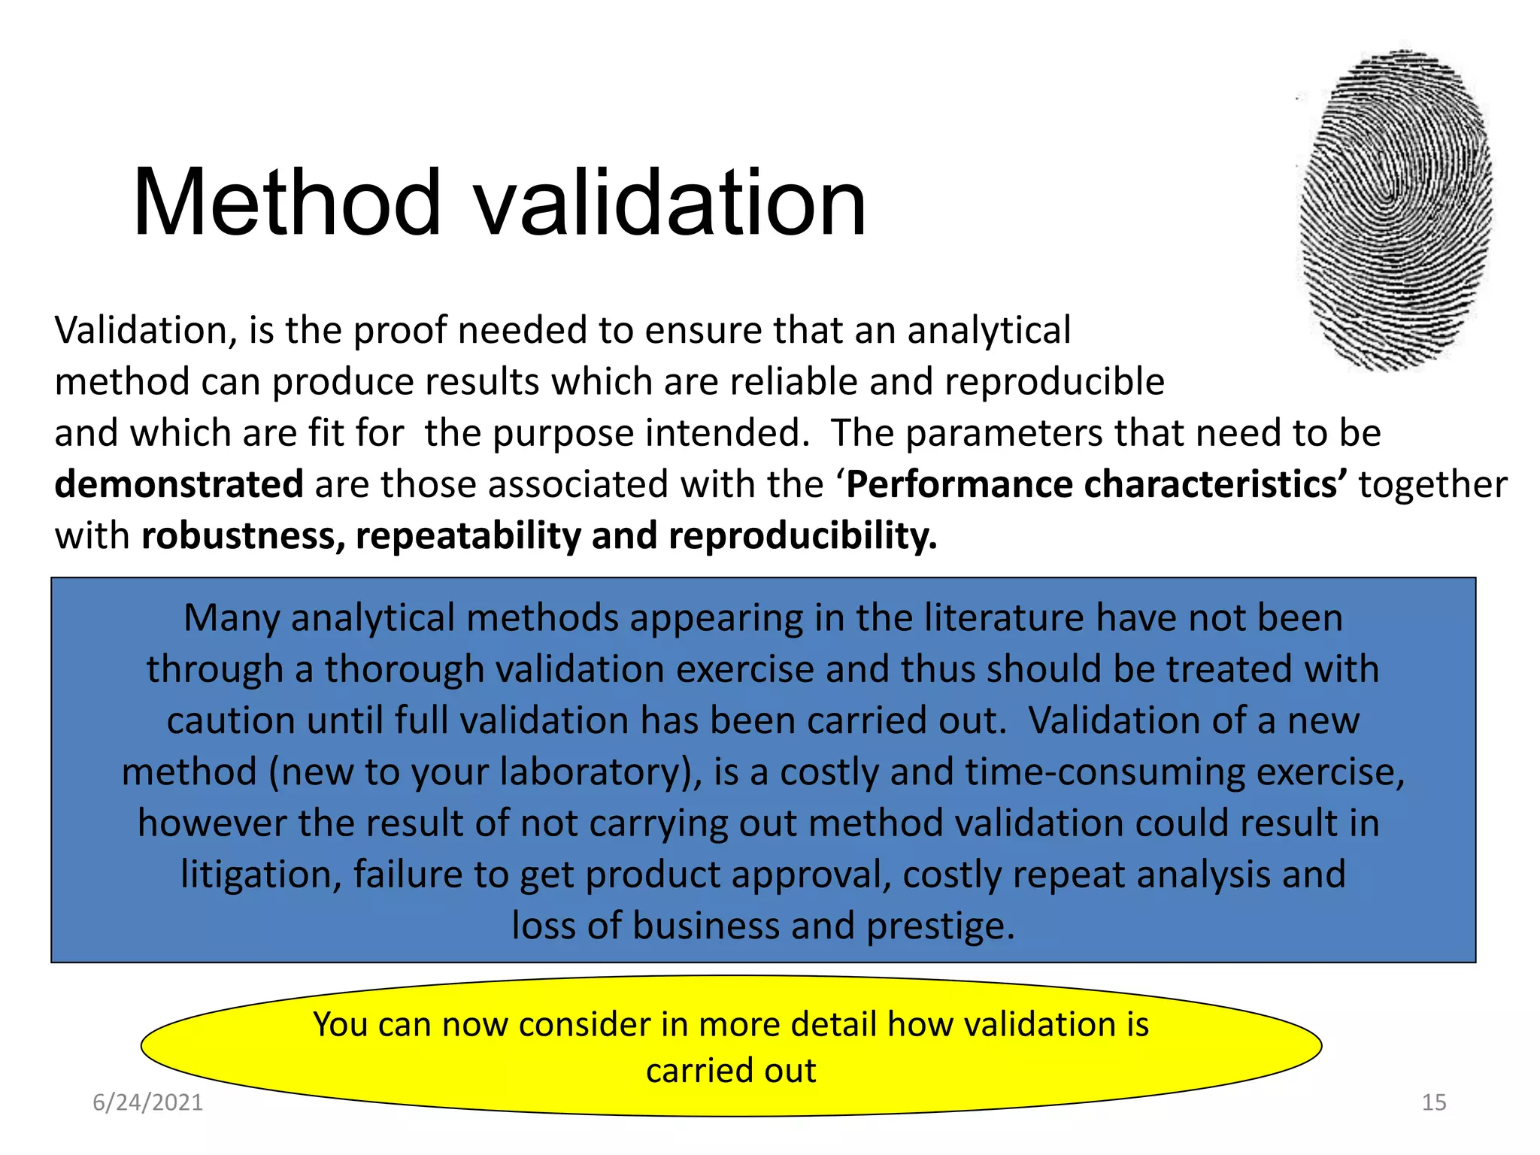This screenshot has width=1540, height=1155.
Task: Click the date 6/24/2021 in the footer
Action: point(147,1102)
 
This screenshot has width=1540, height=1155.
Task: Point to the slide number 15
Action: point(1434,1102)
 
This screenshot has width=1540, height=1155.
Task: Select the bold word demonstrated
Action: point(179,484)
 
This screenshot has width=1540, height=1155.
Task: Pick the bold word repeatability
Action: point(468,535)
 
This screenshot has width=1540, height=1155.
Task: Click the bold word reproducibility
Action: point(802,535)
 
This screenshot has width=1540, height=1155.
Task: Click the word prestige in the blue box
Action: point(940,926)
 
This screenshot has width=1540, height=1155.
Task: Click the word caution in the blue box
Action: point(230,720)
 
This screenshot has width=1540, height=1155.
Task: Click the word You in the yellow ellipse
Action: point(339,1025)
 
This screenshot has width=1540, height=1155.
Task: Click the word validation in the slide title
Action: point(671,203)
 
